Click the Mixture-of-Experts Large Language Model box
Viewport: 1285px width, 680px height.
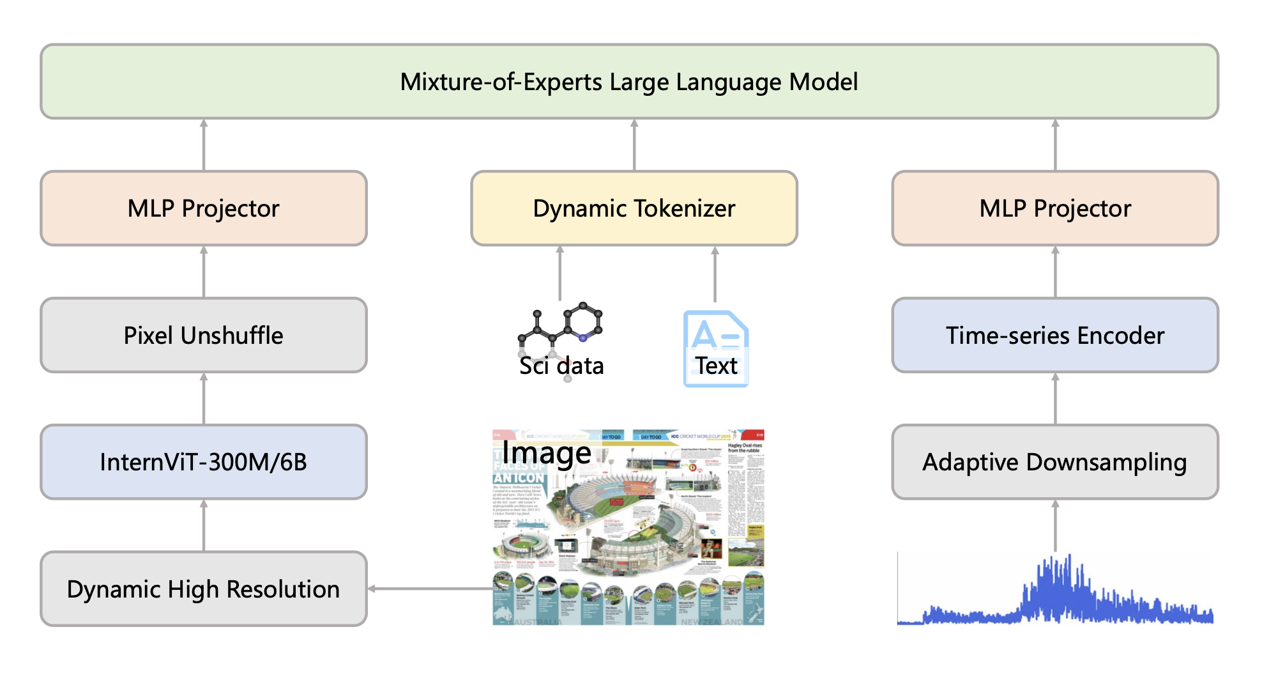point(629,82)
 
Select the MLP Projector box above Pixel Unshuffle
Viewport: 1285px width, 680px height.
point(203,208)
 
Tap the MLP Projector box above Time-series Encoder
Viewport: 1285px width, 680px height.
point(1055,208)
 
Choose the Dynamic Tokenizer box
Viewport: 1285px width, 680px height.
point(634,208)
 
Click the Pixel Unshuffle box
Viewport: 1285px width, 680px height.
point(203,335)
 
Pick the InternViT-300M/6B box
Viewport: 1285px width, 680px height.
point(203,461)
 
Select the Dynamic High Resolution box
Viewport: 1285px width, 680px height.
point(203,589)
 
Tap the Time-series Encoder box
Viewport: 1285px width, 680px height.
point(1055,335)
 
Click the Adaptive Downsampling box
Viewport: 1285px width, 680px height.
point(1055,461)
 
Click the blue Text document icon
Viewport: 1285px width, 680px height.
point(715,348)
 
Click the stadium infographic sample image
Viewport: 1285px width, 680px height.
point(629,530)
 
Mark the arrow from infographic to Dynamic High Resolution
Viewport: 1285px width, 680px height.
point(431,589)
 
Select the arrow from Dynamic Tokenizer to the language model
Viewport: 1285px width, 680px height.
point(634,145)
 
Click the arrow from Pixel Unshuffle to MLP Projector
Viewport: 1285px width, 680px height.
point(204,272)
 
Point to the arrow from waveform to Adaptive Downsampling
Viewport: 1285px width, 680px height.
point(1055,525)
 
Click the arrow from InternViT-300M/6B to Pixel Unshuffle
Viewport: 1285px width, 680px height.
point(204,398)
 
